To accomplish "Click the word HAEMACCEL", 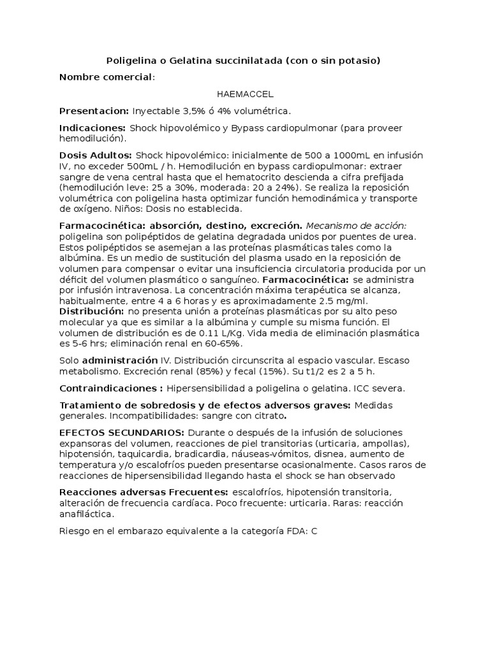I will pyautogui.click(x=245, y=94).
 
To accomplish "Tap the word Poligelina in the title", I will pyautogui.click(x=130, y=61).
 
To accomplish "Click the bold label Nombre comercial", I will pyautogui.click(x=106, y=77).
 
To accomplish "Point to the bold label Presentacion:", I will pyautogui.click(x=94, y=110).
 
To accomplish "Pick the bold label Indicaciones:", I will pyautogui.click(x=93, y=128).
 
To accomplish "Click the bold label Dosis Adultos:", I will pyautogui.click(x=96, y=155).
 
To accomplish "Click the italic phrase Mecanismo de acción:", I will pyautogui.click(x=356, y=226).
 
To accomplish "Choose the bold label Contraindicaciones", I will pyautogui.click(x=109, y=388).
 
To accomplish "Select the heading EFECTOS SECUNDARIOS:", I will pyautogui.click(x=122, y=432).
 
